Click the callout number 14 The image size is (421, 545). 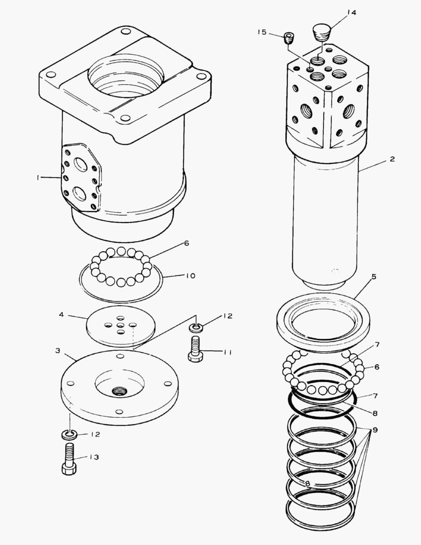[x=351, y=13]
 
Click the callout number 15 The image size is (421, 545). [x=262, y=32]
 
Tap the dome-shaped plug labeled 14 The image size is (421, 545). [x=321, y=32]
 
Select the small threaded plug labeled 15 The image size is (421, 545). [x=289, y=38]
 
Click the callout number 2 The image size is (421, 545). [x=392, y=159]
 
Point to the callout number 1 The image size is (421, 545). [x=38, y=178]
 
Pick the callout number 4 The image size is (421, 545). [x=61, y=314]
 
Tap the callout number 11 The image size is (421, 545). [x=227, y=352]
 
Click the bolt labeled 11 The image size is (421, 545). [x=196, y=349]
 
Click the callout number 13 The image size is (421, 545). [x=94, y=457]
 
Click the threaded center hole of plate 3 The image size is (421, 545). [x=121, y=390]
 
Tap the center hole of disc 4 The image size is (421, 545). [x=121, y=325]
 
